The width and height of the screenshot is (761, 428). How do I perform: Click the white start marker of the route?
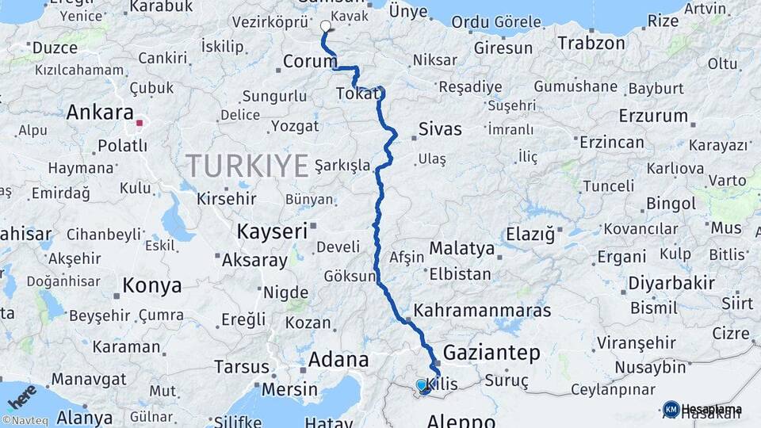pyautogui.click(x=325, y=26)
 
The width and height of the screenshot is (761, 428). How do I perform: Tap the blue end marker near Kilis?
pyautogui.click(x=422, y=384)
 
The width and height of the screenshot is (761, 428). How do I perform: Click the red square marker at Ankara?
pyautogui.click(x=140, y=123)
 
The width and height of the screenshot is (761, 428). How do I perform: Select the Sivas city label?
pyautogui.click(x=439, y=129)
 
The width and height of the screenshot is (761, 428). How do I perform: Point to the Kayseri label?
pyautogui.click(x=272, y=232)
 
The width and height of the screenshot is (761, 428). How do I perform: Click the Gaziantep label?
pyautogui.click(x=491, y=353)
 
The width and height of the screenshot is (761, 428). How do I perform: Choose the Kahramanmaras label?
pyautogui.click(x=482, y=310)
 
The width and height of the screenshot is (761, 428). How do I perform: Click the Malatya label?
pyautogui.click(x=461, y=249)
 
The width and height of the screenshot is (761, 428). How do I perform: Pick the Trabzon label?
pyautogui.click(x=591, y=43)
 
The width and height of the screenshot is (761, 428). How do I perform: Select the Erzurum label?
pyautogui.click(x=653, y=117)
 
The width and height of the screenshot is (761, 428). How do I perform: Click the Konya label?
pyautogui.click(x=151, y=285)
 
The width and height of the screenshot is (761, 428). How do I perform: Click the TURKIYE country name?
pyautogui.click(x=247, y=166)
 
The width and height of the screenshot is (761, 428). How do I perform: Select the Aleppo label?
pyautogui.click(x=461, y=419)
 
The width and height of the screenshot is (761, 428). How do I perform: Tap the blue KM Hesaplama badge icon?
pyautogui.click(x=671, y=409)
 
